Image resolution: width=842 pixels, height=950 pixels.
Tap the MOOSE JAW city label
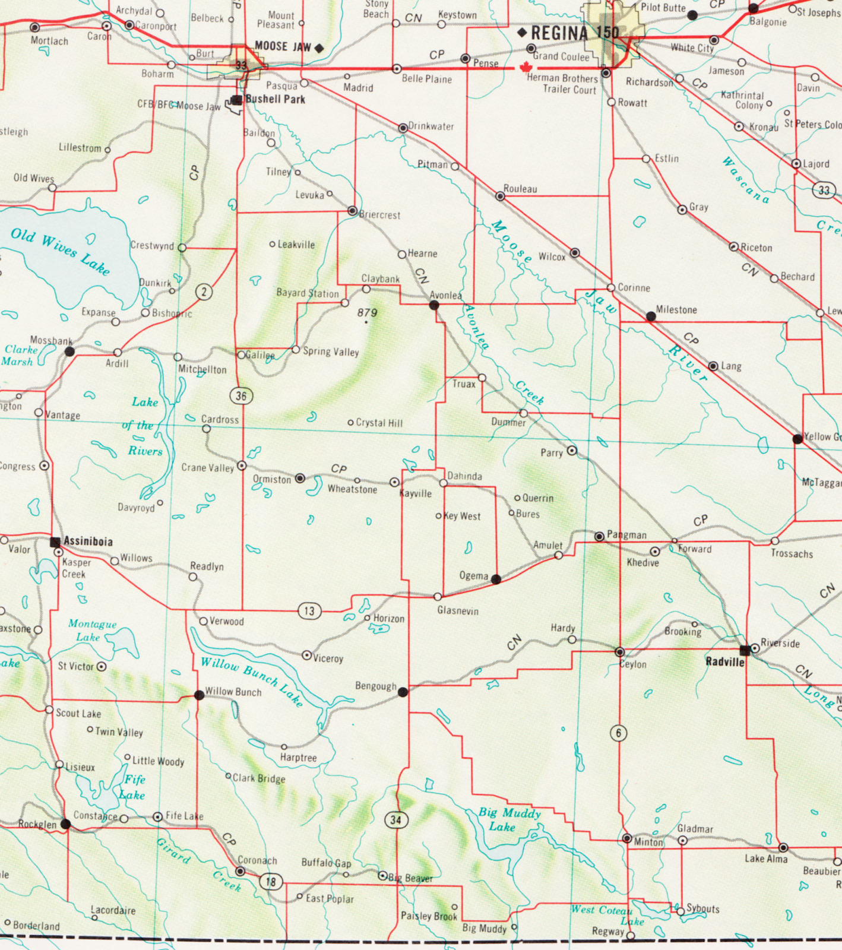[283, 46]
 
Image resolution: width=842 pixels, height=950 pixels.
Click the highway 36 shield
[241, 396]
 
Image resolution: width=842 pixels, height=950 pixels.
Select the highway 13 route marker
[309, 611]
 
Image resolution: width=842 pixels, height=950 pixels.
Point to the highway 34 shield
[396, 820]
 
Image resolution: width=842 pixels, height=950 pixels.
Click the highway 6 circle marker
[618, 733]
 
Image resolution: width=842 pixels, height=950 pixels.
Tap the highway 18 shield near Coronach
[271, 882]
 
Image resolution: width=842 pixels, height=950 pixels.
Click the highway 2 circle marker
[204, 292]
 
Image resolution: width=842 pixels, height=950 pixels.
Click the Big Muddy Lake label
[509, 819]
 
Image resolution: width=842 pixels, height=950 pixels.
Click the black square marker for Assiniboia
[55, 541]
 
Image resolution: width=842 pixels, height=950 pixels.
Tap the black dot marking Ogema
[496, 579]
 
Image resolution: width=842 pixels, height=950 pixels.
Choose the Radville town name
[724, 662]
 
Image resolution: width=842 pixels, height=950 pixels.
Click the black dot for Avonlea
[434, 305]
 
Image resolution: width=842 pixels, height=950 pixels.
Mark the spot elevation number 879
[368, 312]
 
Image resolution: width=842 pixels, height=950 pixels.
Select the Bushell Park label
[275, 99]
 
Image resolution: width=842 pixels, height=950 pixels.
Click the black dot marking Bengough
[403, 692]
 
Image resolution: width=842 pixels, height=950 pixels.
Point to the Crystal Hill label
[379, 423]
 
